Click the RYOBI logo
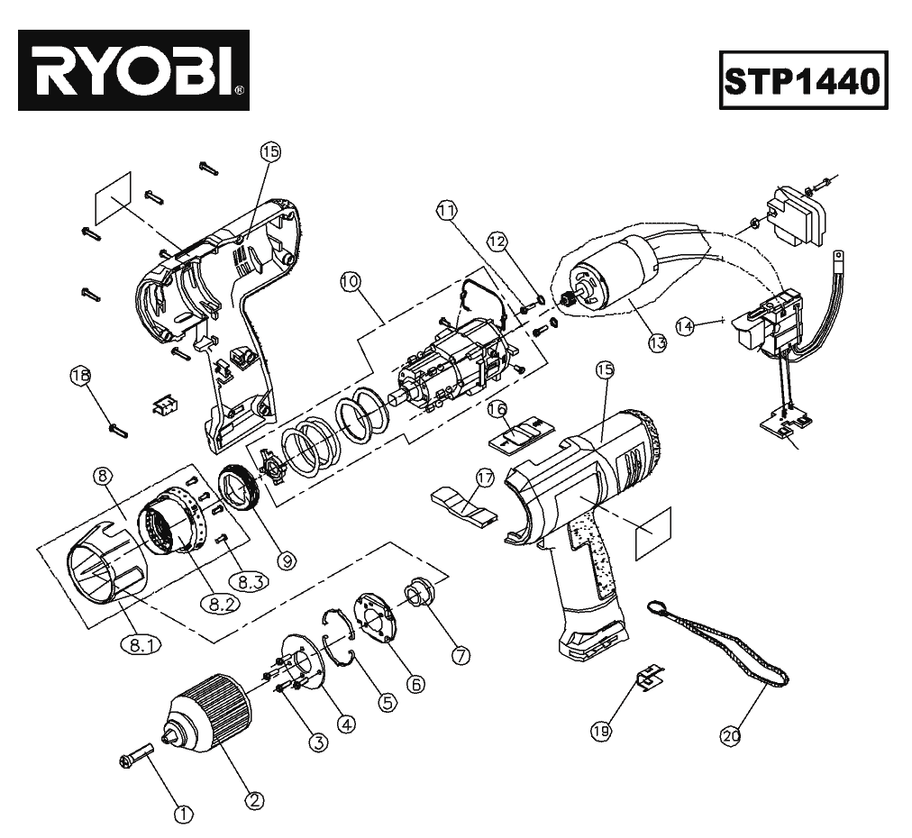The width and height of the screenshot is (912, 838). point(133,70)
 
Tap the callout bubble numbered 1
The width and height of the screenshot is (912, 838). point(184,815)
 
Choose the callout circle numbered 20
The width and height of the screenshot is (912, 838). point(731,736)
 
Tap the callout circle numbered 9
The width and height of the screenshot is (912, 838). point(287,560)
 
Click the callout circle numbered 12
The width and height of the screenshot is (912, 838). point(498,241)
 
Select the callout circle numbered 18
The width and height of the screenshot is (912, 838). point(80,377)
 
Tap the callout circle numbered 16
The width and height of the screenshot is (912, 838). point(497,409)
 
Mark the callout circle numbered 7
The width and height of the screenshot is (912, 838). point(460,656)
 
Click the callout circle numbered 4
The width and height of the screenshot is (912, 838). point(346,722)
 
